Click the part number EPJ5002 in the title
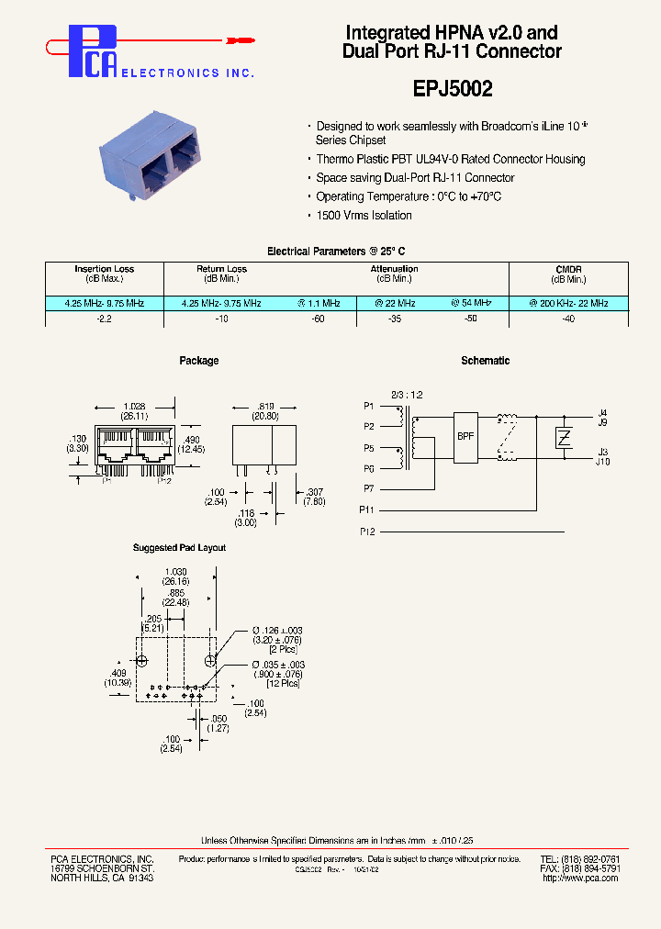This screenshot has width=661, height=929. (452, 89)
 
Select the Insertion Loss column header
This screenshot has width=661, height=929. (104, 269)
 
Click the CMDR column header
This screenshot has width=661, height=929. (568, 269)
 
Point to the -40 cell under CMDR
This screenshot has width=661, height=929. (568, 318)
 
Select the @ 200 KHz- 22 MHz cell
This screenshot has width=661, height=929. (568, 303)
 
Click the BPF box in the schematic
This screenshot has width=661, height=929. (465, 436)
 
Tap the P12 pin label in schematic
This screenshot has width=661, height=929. (368, 532)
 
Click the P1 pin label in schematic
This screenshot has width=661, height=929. (368, 406)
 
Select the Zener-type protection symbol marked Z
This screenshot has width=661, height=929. (565, 437)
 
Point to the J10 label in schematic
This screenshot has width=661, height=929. (603, 462)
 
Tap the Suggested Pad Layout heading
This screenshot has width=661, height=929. (179, 548)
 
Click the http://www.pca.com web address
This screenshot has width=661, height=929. (579, 878)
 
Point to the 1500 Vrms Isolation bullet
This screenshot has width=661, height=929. (364, 216)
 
